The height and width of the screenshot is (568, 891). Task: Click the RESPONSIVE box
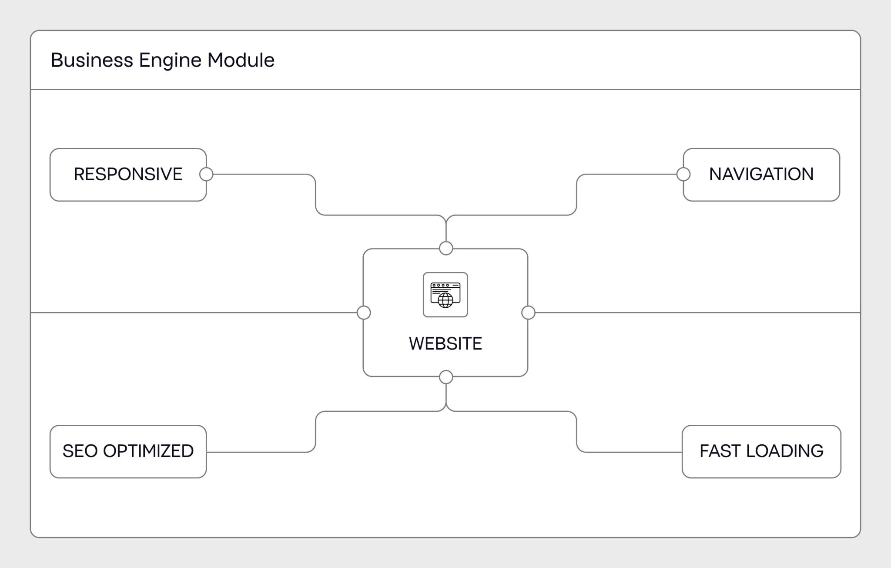tap(128, 175)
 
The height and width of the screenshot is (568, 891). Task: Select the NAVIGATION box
tap(761, 175)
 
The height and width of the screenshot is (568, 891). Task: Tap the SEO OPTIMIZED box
tap(128, 451)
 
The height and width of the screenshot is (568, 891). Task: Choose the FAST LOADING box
tap(761, 451)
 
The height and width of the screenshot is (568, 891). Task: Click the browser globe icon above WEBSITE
tap(445, 295)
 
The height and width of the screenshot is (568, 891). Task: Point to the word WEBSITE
tap(445, 344)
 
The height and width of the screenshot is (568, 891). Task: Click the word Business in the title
tap(92, 60)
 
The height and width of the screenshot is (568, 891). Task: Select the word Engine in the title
tap(170, 60)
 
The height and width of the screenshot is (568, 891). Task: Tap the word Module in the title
tap(241, 60)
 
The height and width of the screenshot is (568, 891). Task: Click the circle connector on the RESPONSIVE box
tap(206, 175)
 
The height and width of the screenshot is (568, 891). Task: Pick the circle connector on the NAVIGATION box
tap(683, 175)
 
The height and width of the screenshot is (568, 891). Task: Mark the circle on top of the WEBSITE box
tap(446, 249)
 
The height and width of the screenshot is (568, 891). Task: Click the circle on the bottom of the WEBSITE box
tap(446, 377)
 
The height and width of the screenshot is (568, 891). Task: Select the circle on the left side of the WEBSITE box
tap(364, 313)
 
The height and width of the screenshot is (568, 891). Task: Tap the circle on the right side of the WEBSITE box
tap(528, 313)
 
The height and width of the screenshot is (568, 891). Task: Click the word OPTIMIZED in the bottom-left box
tap(148, 451)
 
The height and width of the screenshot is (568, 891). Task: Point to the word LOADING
tap(784, 451)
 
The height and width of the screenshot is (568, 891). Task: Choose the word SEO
tap(80, 451)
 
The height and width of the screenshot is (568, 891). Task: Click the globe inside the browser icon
tap(445, 300)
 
